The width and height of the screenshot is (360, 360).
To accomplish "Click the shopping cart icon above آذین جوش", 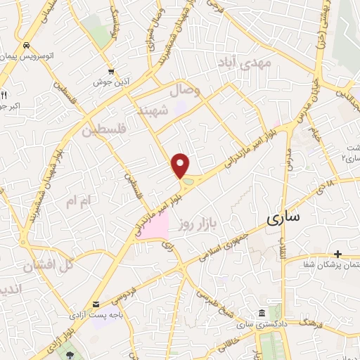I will pos(111,71).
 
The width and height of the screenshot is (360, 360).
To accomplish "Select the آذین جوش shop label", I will pos(110,82).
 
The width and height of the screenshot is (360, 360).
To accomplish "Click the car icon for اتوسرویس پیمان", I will pos(26,44).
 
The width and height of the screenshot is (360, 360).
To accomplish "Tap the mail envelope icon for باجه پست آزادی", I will pos(94,298).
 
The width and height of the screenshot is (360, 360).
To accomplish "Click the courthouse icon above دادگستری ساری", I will pos(262,292).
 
